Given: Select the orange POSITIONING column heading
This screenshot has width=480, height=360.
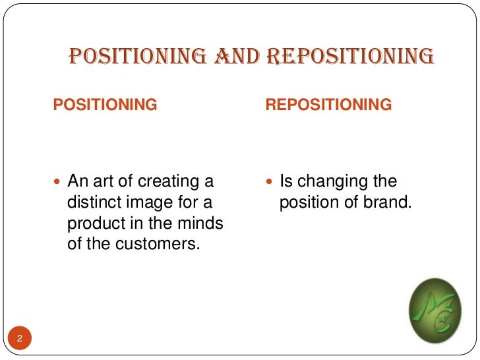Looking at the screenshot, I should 105,104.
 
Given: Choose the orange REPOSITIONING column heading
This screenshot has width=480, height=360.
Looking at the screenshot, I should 328,104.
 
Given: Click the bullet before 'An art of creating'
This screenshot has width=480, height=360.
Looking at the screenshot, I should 59,181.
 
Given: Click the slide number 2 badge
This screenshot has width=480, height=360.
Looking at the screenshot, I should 20,340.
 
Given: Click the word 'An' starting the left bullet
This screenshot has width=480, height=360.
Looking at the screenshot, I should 78,181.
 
